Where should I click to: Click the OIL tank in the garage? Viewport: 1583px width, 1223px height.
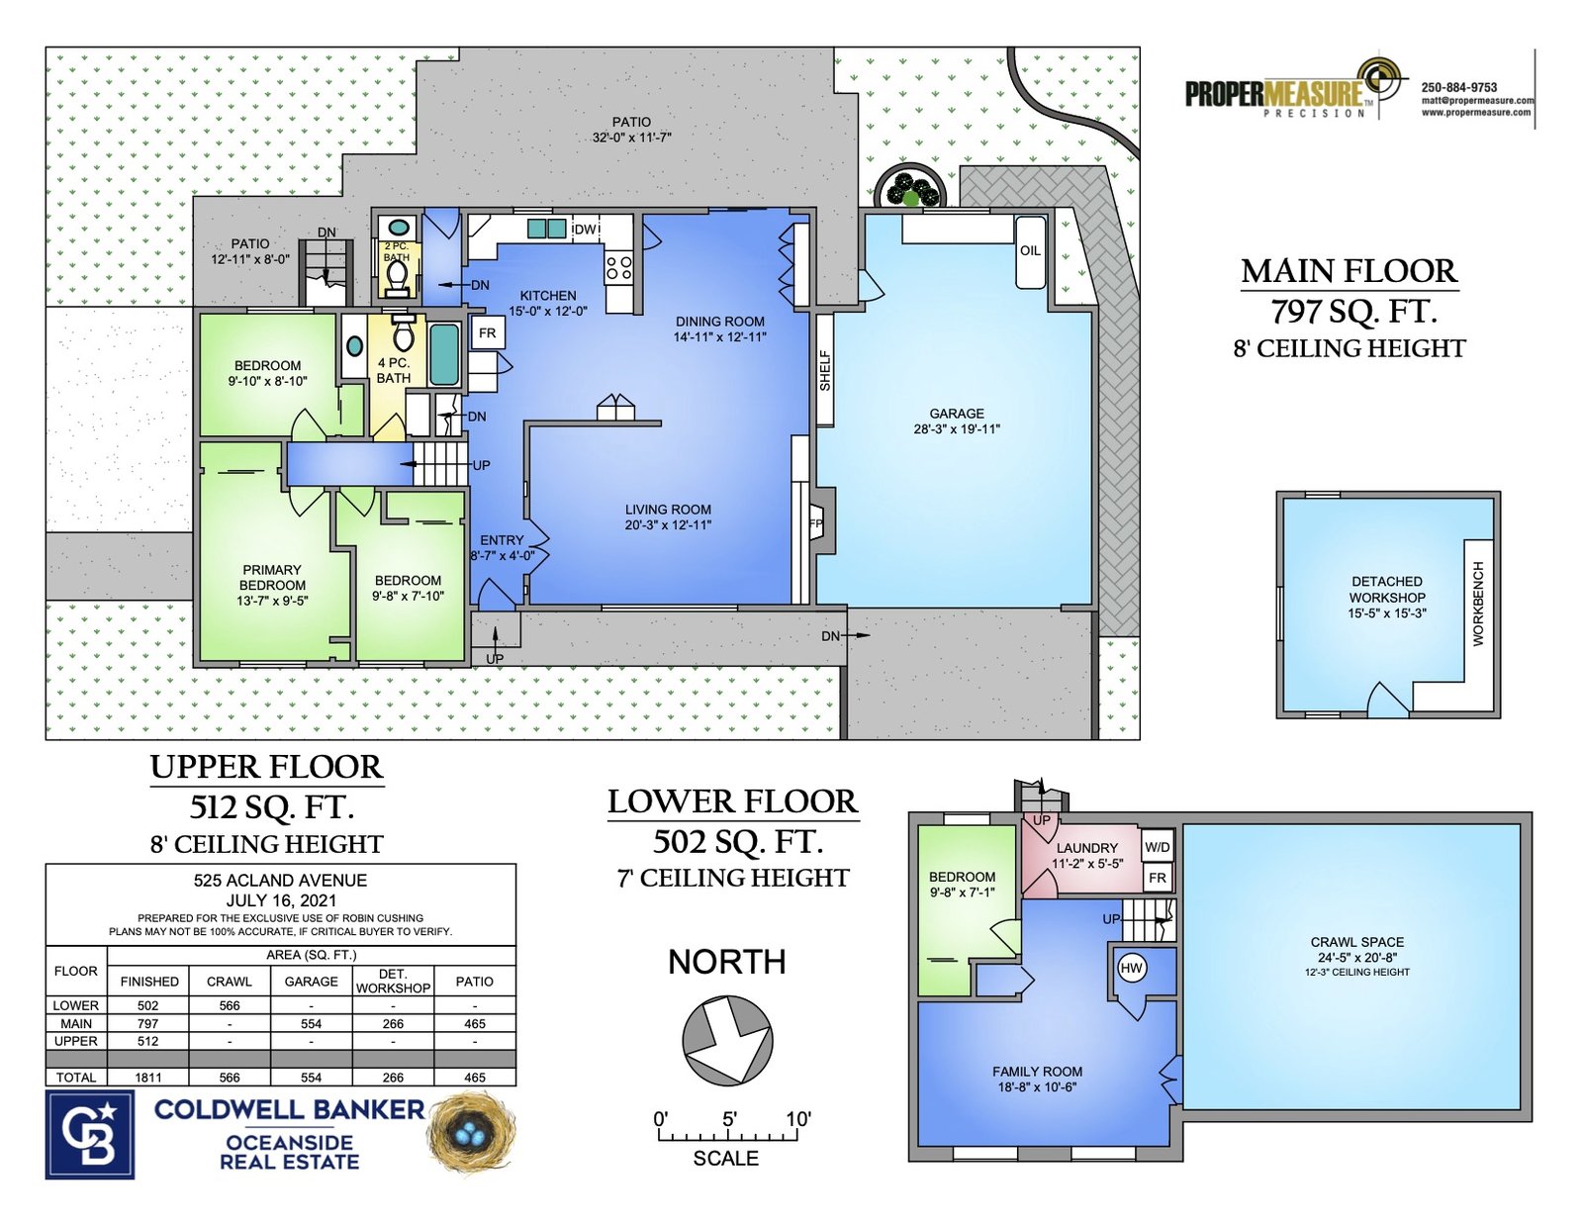coord(1029,252)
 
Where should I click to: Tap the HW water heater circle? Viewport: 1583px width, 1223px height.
coord(1131,968)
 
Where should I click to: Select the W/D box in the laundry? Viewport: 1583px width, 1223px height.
coord(1157,847)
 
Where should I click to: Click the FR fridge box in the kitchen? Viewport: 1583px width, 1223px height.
coord(488,332)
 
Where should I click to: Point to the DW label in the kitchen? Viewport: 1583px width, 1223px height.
coord(585,230)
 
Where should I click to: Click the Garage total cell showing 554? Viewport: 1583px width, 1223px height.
coord(311,1078)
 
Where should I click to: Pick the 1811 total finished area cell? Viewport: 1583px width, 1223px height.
coord(147,1078)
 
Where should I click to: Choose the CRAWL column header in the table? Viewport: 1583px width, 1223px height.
coord(229,982)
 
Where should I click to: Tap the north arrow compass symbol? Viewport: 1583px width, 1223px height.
coord(727,1040)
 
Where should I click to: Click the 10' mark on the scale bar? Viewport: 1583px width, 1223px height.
coord(798,1119)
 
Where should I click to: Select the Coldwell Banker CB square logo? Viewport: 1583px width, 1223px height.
coord(90,1134)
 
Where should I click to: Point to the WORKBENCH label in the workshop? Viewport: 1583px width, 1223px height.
coord(1478,604)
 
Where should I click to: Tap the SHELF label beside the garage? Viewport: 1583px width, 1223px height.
coord(825,371)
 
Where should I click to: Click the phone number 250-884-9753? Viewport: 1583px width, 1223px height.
coord(1459,87)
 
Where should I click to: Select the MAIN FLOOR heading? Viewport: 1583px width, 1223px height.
coord(1350,272)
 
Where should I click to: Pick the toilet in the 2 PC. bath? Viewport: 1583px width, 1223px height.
coord(397,278)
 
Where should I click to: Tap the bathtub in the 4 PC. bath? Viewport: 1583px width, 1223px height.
coord(443,354)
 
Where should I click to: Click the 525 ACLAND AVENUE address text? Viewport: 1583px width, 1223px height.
coord(280,880)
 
